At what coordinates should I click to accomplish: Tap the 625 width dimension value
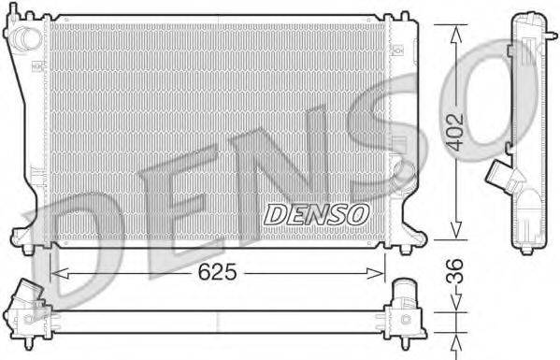coord(216,272)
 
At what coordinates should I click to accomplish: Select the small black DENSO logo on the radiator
coord(316,214)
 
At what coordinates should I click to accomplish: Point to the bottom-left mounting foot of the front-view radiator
coord(26,242)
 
